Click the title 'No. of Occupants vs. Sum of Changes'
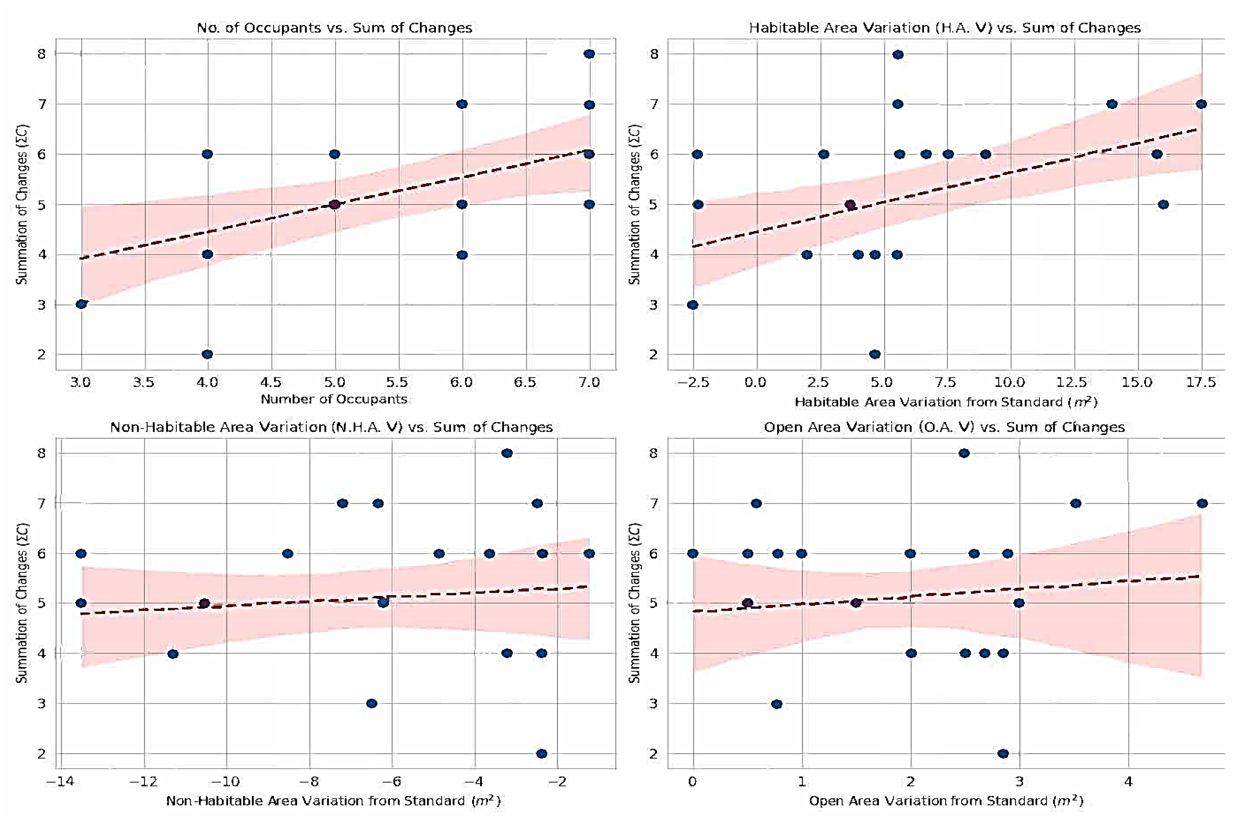(x=334, y=28)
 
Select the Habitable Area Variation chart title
(x=944, y=28)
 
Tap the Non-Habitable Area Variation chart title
(x=331, y=427)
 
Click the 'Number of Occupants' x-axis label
(x=334, y=399)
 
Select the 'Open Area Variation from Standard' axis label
(x=946, y=801)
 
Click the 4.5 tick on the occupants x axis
(x=271, y=383)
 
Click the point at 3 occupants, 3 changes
(x=81, y=304)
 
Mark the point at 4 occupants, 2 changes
(x=207, y=354)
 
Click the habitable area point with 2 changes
(x=875, y=354)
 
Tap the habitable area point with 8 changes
(x=897, y=54)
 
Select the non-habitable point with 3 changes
(x=372, y=703)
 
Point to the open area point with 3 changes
(x=776, y=704)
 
